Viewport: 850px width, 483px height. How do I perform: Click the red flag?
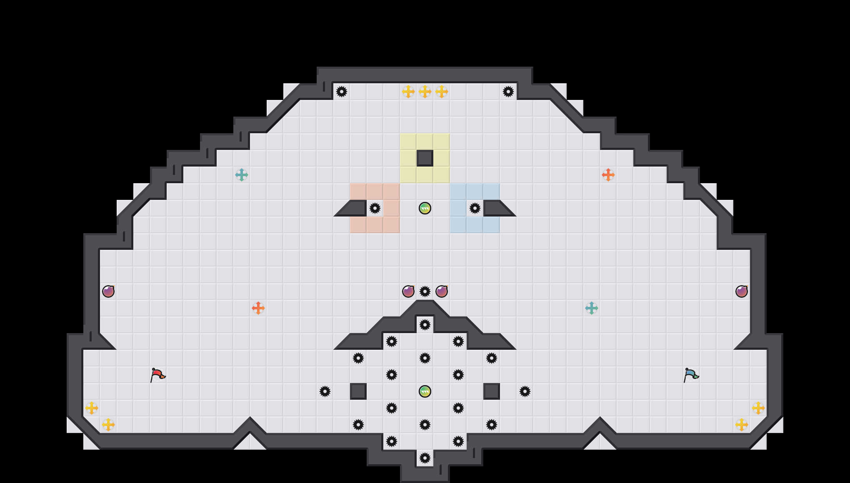click(x=157, y=375)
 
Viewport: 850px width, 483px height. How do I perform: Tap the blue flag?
click(x=691, y=375)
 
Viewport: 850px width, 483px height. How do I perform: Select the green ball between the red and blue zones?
click(x=425, y=208)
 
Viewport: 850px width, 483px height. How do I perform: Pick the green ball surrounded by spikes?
click(x=425, y=391)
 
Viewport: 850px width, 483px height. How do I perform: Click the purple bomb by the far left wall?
click(x=108, y=291)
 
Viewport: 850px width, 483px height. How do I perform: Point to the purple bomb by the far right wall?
click(x=742, y=291)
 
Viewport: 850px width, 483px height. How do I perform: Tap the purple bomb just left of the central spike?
click(x=408, y=291)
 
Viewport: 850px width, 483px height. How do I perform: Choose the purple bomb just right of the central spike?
click(x=442, y=291)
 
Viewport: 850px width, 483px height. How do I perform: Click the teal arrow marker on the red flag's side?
click(x=242, y=175)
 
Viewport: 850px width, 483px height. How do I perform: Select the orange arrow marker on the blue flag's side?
click(x=608, y=175)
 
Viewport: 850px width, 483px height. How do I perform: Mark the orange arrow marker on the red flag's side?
click(x=258, y=308)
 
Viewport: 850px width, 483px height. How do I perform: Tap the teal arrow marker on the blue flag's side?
click(x=592, y=308)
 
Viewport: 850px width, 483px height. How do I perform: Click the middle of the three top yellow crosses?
click(x=425, y=92)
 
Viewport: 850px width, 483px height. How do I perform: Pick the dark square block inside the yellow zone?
click(x=425, y=158)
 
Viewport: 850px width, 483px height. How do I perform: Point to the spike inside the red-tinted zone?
click(x=375, y=208)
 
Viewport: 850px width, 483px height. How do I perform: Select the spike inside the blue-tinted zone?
click(x=475, y=208)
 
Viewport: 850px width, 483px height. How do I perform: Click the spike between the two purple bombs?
click(x=425, y=291)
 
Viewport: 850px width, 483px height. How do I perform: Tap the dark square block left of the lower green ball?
click(x=358, y=391)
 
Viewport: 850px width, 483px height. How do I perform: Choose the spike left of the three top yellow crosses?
click(x=342, y=92)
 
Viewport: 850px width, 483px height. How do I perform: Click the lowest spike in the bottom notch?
click(x=425, y=458)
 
